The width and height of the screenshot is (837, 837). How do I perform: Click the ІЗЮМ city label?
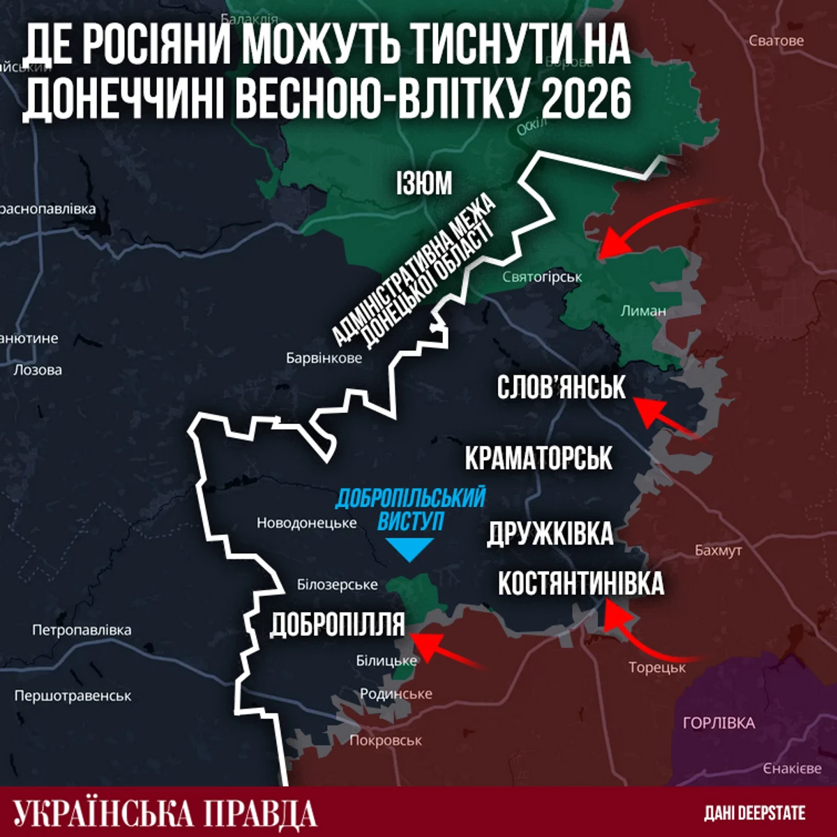(x=424, y=184)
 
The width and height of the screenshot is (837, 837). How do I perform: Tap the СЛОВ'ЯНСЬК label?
(x=561, y=388)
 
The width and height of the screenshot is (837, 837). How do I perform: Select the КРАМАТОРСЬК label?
(x=538, y=458)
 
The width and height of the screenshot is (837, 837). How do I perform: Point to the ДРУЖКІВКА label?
(x=550, y=534)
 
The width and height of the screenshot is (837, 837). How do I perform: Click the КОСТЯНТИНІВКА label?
(x=580, y=584)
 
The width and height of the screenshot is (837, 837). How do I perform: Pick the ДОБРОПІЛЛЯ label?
(x=337, y=625)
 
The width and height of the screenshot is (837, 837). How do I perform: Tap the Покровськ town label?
(x=385, y=741)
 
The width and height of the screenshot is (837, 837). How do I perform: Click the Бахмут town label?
(x=718, y=550)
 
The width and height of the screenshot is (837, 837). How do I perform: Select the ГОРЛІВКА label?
(x=718, y=723)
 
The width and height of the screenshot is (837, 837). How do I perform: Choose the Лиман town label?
(x=643, y=310)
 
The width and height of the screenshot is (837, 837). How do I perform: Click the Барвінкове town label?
(x=324, y=358)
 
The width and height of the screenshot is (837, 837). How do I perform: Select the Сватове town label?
(x=776, y=40)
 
